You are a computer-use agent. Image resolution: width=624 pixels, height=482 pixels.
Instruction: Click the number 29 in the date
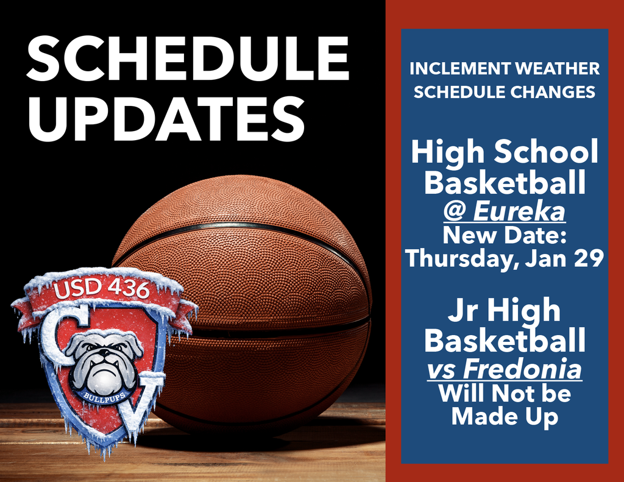(x=587, y=258)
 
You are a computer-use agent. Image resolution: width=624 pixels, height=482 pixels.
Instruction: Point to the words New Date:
(x=505, y=235)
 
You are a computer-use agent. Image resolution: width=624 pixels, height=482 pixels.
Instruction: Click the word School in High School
(x=548, y=152)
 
